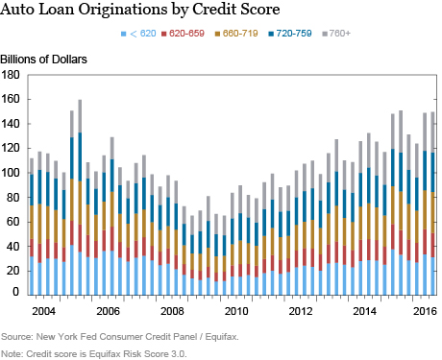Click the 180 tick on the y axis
point(13,75)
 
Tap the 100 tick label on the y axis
point(13,173)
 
